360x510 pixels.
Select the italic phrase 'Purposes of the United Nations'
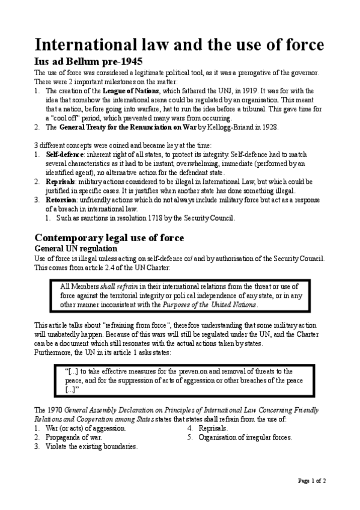click(210, 304)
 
